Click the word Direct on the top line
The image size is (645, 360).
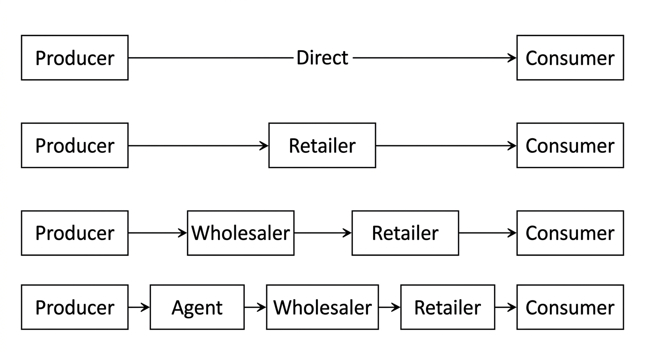[x=322, y=58]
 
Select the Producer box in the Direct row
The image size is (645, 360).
[x=75, y=58]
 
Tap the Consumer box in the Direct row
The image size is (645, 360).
[x=570, y=58]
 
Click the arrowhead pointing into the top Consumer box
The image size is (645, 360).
[x=512, y=58]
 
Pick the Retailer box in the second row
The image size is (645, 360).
[x=322, y=145]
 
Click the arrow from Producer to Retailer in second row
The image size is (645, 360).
[x=198, y=146]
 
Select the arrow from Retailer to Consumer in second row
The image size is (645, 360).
[x=446, y=146]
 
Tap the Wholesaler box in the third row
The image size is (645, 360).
[x=241, y=233]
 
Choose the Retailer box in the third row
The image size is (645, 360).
[x=405, y=233]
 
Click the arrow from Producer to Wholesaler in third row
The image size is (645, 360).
[x=158, y=233]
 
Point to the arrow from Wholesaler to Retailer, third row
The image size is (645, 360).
[x=323, y=233]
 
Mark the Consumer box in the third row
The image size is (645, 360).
[x=570, y=233]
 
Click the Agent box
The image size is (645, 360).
[x=197, y=307]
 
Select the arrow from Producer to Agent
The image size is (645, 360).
[x=139, y=307]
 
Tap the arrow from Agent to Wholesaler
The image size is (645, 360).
[x=255, y=307]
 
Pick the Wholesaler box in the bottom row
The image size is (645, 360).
[x=322, y=307]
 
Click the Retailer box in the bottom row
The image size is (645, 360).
[x=448, y=307]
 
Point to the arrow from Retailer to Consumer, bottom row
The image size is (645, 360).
[x=506, y=307]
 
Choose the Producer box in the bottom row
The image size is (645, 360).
[x=75, y=307]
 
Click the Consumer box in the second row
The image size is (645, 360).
[x=570, y=145]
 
